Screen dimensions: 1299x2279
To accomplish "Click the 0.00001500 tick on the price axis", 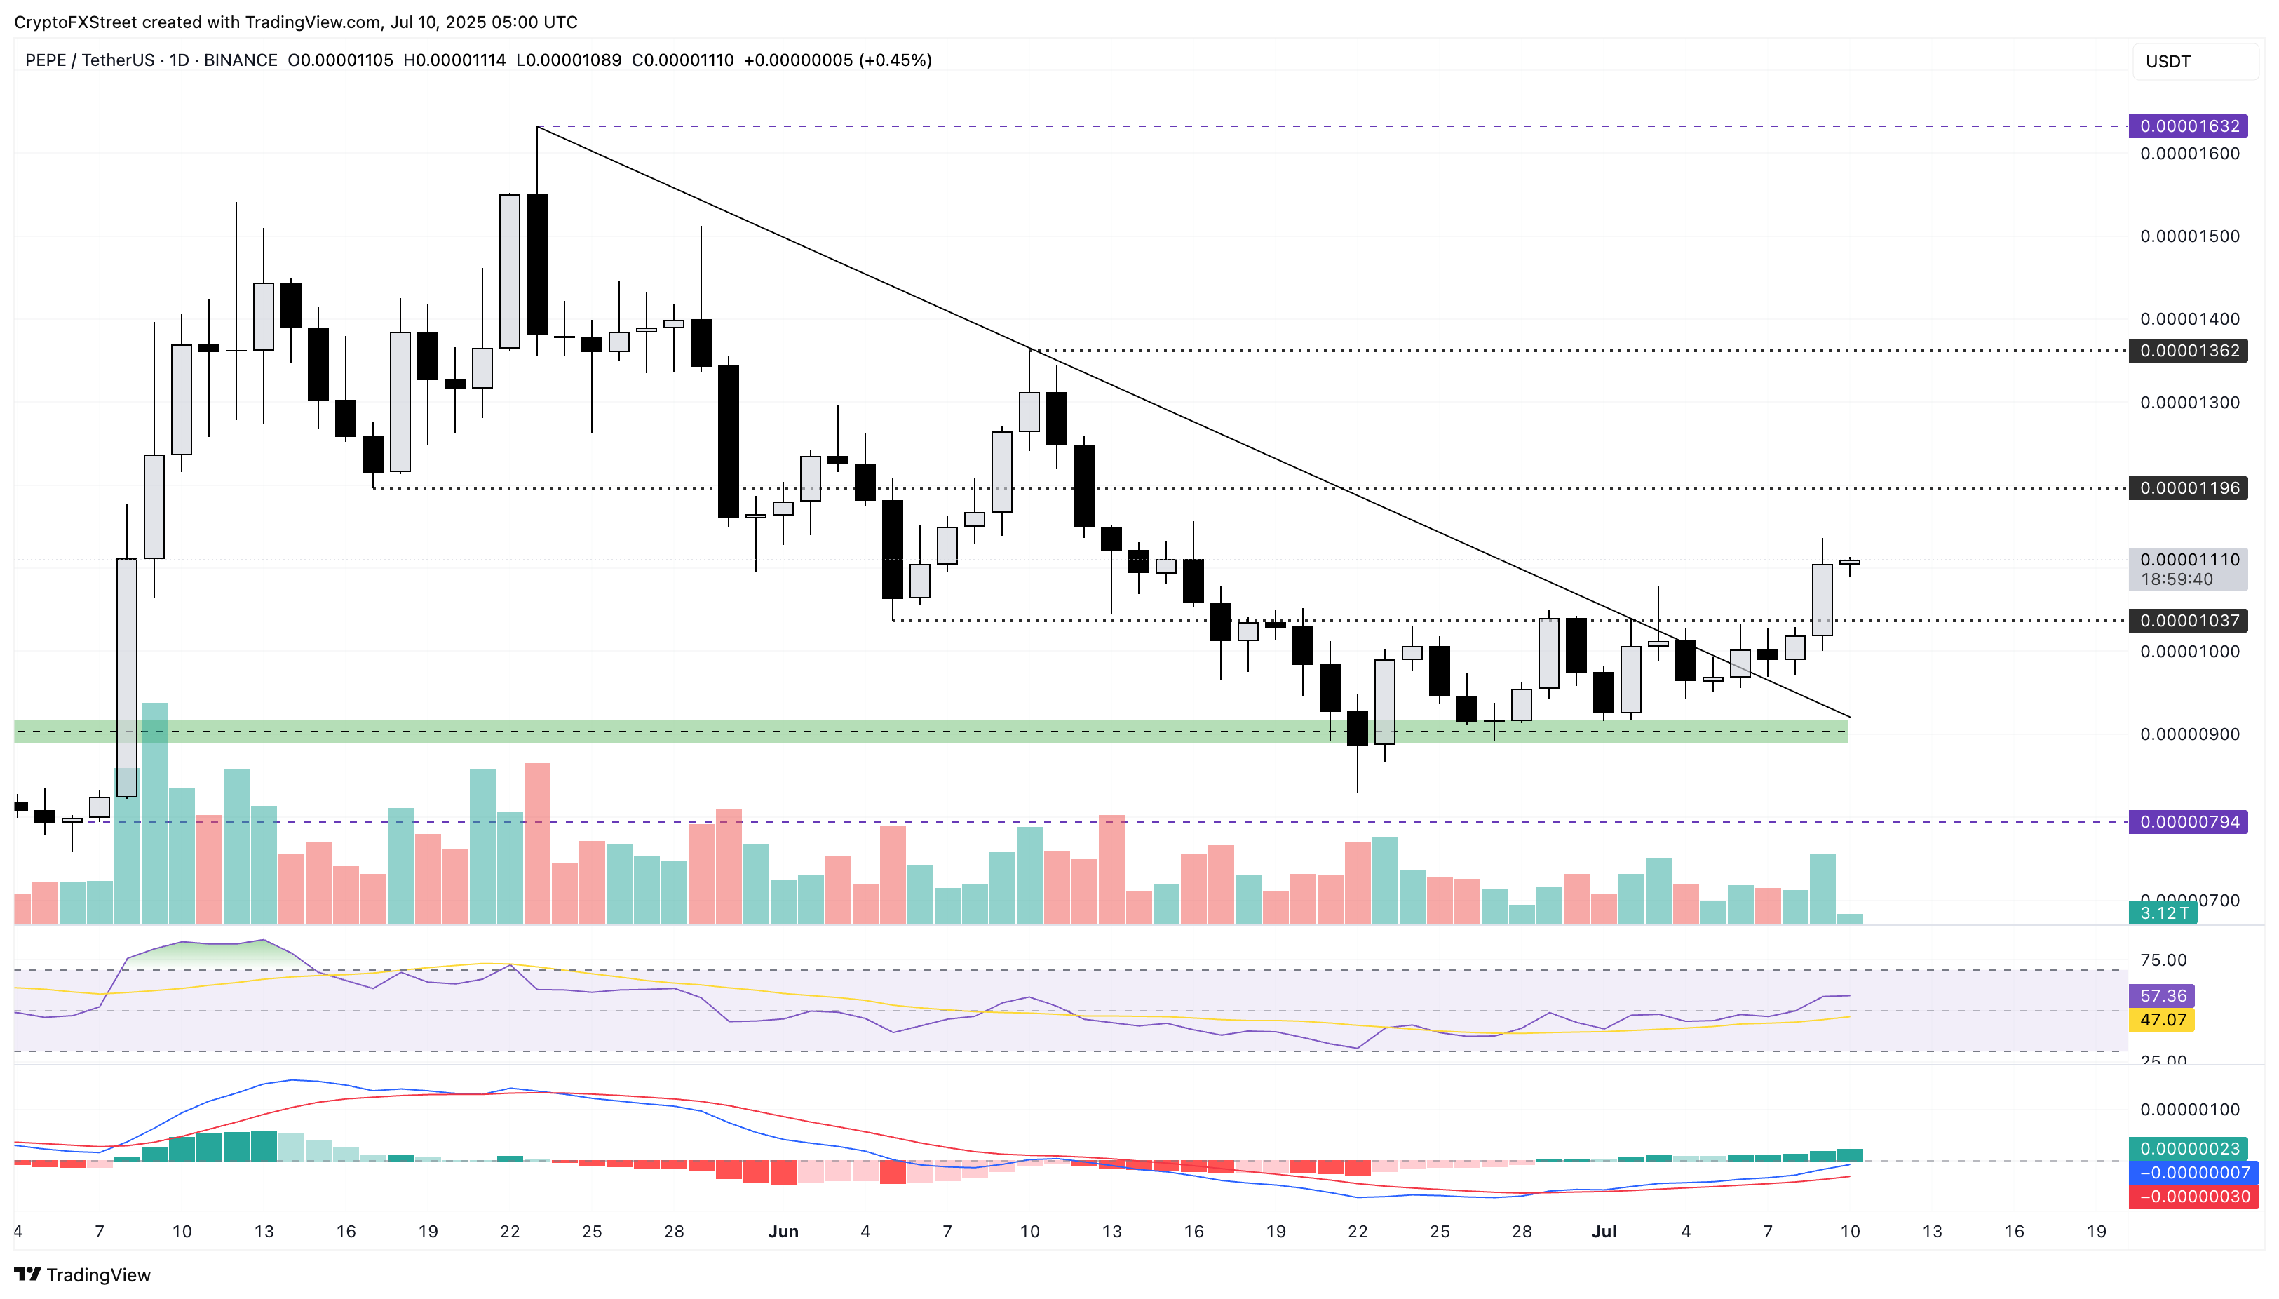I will tap(2189, 236).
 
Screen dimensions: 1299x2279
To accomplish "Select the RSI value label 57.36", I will tap(2162, 996).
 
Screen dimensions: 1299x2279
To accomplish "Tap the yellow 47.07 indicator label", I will tap(2162, 1020).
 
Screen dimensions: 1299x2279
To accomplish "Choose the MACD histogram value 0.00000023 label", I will tap(2189, 1149).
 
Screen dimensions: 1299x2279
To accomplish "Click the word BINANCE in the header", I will tap(240, 60).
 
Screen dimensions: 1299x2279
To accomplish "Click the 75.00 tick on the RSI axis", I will tap(2163, 960).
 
